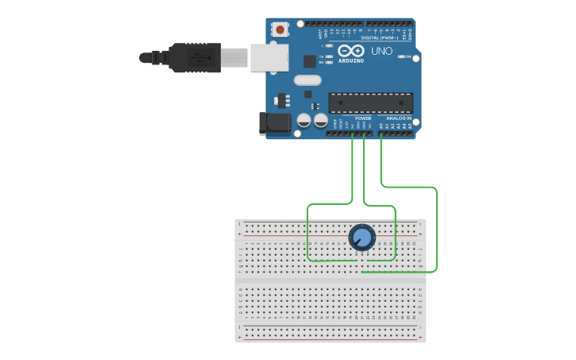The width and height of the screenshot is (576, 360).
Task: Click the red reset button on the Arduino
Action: click(280, 29)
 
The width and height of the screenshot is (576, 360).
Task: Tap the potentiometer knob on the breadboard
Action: click(361, 237)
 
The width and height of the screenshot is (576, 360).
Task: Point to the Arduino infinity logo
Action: click(350, 51)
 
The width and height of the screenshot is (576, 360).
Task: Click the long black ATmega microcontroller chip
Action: click(371, 103)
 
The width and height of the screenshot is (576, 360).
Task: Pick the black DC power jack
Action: click(275, 122)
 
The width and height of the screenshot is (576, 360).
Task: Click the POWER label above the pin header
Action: click(362, 118)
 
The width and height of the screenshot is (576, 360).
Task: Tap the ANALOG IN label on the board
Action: click(400, 118)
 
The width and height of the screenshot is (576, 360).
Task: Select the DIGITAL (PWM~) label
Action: click(381, 37)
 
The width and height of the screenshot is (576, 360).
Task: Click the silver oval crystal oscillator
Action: click(307, 79)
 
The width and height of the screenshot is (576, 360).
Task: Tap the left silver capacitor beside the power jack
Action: click(303, 121)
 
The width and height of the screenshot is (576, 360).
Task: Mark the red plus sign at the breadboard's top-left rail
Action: click(240, 234)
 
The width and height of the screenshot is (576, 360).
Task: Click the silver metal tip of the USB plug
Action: click(234, 57)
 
